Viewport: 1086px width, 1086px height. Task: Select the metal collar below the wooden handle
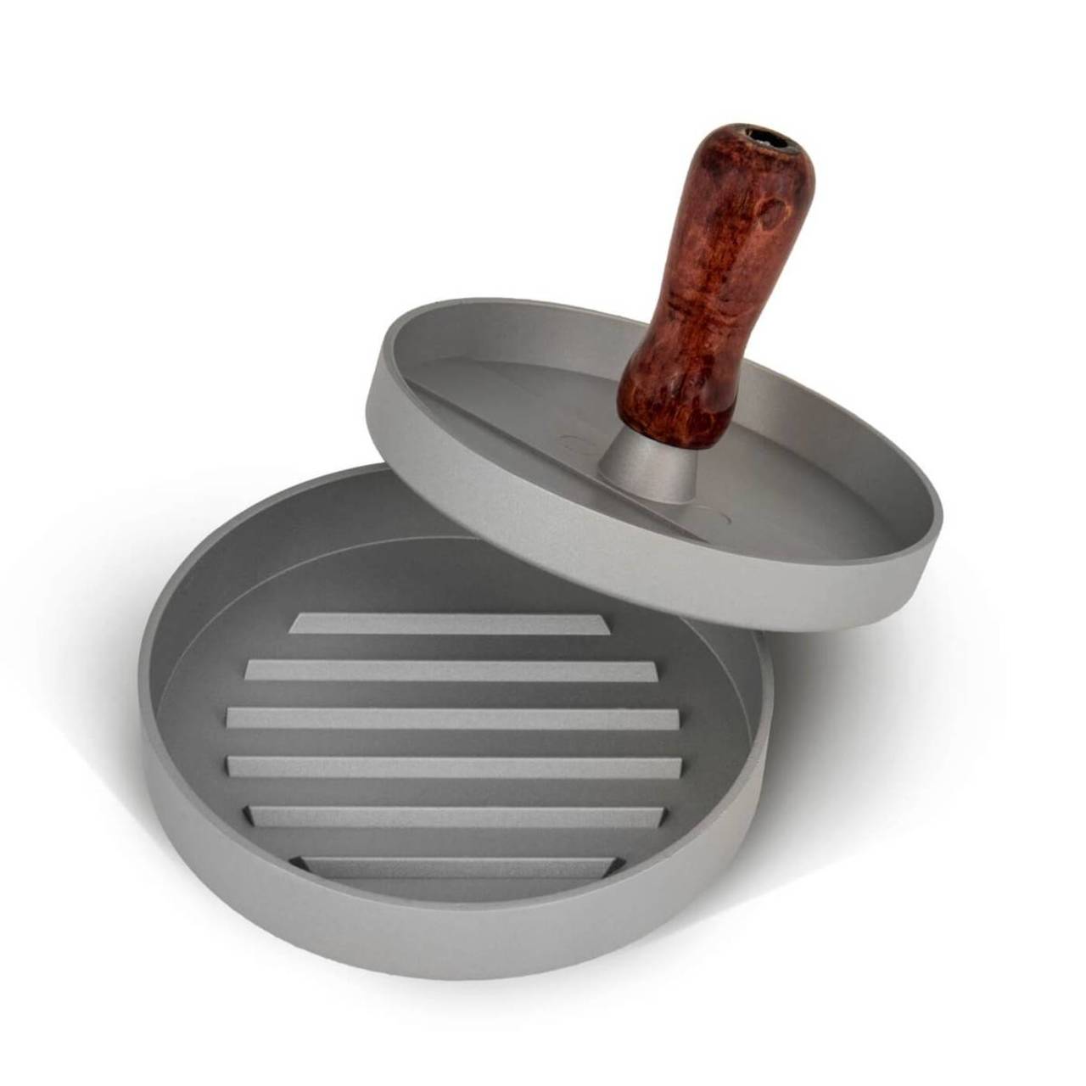(x=641, y=467)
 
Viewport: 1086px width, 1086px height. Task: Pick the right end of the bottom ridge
(x=607, y=866)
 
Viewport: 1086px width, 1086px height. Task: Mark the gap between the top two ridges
(x=450, y=647)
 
